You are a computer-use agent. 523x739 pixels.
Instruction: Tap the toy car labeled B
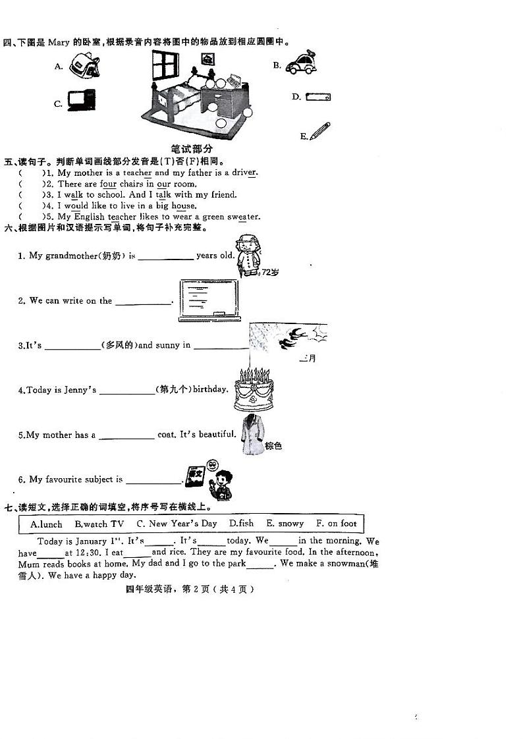(302, 64)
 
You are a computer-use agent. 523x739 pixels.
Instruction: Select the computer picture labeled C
(82, 99)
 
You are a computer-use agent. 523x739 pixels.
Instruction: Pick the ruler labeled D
(318, 97)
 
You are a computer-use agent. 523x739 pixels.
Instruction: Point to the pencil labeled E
(320, 131)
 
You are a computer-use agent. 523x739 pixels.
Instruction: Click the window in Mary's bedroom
(165, 65)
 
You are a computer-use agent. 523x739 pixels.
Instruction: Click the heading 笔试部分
(192, 150)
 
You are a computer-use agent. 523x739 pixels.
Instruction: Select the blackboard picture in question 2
(209, 300)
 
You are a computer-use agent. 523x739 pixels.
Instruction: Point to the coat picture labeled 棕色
(252, 434)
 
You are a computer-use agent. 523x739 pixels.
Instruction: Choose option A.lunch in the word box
(46, 524)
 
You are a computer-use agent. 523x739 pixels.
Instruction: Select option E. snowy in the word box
(285, 524)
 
